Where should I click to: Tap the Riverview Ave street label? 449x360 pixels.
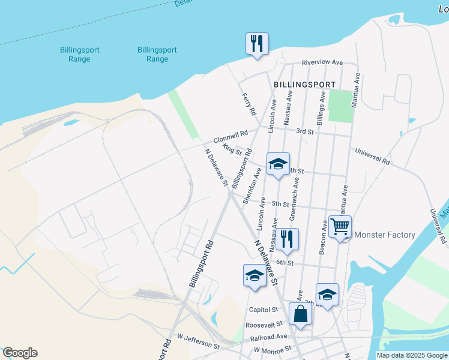[x=322, y=62]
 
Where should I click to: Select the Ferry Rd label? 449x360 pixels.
[x=249, y=104]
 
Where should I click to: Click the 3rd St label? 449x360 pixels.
[x=305, y=131]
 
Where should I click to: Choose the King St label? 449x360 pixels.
[x=231, y=149]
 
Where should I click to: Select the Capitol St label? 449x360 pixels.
[x=263, y=310]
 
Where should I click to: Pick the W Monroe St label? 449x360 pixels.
[x=273, y=349]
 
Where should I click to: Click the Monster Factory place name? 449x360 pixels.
[x=385, y=235]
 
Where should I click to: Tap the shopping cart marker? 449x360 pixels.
[x=339, y=227]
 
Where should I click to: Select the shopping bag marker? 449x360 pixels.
[x=300, y=314]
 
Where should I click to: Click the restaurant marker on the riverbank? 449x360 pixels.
[x=256, y=43]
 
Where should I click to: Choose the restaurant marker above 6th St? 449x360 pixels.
[x=287, y=239]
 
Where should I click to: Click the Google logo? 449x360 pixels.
[x=20, y=353]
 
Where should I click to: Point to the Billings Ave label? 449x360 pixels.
[x=321, y=108]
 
